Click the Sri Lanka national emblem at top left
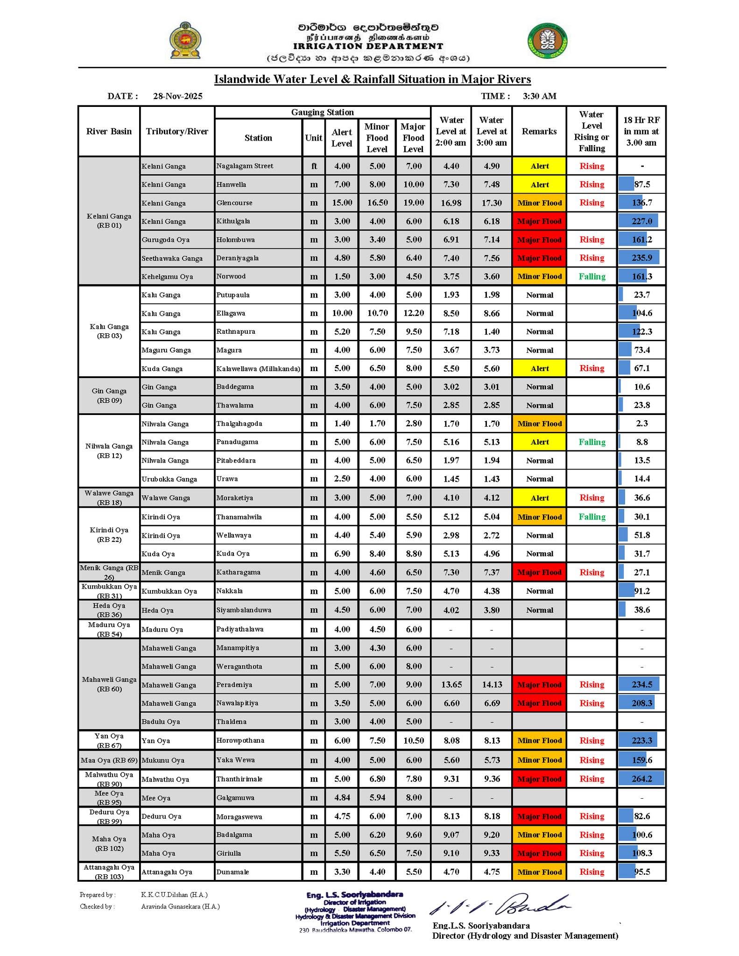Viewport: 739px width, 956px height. click(185, 41)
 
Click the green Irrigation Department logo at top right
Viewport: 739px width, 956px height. click(548, 41)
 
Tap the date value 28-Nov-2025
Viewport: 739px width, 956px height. click(177, 96)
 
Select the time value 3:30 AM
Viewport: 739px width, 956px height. click(539, 96)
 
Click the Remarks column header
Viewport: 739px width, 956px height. click(539, 132)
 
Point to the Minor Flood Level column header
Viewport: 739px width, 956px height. click(377, 138)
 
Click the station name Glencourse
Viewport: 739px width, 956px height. click(234, 203)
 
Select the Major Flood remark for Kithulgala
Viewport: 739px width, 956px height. click(539, 221)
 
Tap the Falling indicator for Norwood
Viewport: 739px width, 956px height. click(591, 276)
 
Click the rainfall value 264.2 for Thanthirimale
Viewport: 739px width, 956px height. click(641, 779)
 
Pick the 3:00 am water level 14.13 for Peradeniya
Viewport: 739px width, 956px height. click(492, 684)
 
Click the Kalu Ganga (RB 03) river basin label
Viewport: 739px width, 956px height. click(109, 331)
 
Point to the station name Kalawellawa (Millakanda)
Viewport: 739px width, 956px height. click(258, 368)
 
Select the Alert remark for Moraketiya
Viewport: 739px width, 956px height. click(539, 498)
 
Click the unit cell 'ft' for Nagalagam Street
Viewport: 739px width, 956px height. click(314, 166)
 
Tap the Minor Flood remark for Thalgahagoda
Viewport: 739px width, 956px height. click(539, 423)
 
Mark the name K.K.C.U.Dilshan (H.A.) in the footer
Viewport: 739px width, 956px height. click(174, 895)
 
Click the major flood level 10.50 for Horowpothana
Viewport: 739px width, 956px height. click(413, 740)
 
